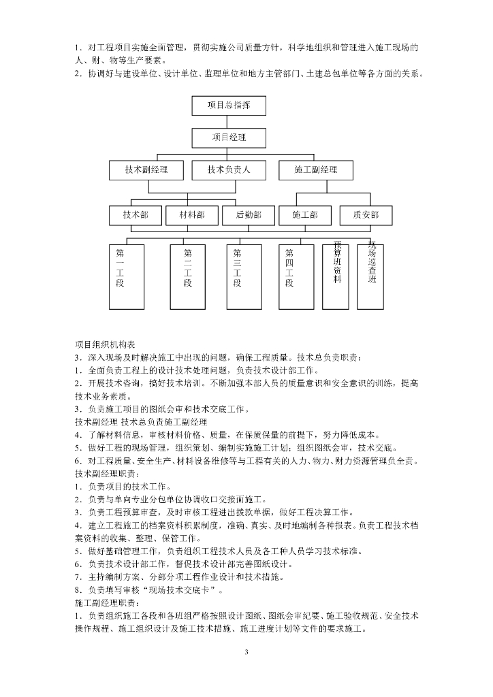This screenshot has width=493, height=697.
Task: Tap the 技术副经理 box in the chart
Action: (146, 170)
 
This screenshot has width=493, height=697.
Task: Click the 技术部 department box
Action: (136, 215)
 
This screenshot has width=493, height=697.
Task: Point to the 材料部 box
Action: (191, 215)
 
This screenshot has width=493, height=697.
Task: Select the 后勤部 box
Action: (248, 215)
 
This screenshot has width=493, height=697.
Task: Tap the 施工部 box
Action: (304, 215)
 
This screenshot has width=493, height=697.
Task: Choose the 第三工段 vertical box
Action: (238, 275)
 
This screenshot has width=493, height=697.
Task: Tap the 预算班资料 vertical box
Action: (337, 275)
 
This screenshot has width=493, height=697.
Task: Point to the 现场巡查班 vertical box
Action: (372, 275)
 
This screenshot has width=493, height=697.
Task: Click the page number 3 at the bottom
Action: (246, 653)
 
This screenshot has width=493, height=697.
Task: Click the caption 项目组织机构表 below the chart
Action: (104, 344)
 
